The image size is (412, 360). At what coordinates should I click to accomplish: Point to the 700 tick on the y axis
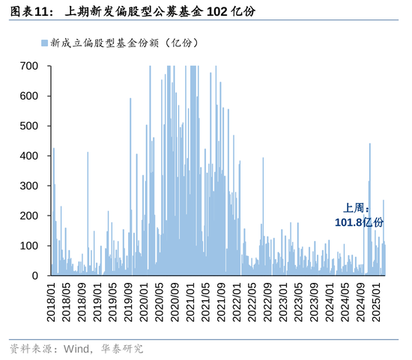(28, 66)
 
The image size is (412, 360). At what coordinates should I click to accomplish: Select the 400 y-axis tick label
(28, 156)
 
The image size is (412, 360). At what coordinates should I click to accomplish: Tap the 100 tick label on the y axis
(28, 245)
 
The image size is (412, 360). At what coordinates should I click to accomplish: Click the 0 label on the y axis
(34, 275)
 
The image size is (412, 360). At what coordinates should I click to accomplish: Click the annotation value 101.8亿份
(358, 222)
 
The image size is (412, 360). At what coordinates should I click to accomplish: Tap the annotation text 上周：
(357, 209)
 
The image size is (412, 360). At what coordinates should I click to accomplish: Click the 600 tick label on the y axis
(28, 96)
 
